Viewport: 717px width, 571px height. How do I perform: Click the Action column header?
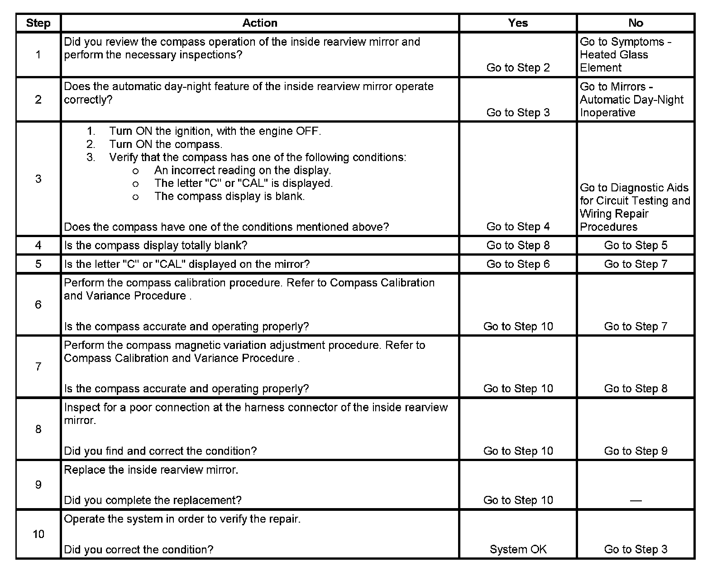tap(259, 23)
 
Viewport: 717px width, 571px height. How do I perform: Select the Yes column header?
tap(518, 23)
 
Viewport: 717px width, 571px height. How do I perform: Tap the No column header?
tap(636, 23)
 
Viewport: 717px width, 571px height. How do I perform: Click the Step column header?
tap(38, 23)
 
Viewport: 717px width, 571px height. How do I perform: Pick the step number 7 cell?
tap(38, 366)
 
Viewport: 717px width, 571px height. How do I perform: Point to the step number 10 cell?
tap(38, 534)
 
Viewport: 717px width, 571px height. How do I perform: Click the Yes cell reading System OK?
tap(518, 549)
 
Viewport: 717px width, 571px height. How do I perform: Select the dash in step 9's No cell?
tap(636, 500)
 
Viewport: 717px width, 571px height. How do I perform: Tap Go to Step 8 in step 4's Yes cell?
tap(518, 245)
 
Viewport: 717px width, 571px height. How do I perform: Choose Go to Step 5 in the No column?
tap(636, 245)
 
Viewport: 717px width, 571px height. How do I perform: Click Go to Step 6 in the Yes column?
tap(518, 264)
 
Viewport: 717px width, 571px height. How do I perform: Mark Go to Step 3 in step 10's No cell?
tap(636, 549)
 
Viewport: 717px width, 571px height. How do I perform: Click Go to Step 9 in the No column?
tap(636, 451)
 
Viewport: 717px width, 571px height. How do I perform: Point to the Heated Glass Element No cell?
tap(625, 55)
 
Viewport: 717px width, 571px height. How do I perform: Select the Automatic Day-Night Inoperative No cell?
tap(631, 100)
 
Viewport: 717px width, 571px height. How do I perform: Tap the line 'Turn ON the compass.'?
tap(165, 144)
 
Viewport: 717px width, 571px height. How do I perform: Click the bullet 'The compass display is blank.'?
tap(229, 196)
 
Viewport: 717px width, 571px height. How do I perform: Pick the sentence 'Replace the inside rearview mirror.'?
tap(151, 470)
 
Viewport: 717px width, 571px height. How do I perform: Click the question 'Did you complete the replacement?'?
tap(153, 500)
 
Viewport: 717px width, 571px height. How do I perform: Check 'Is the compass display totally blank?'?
tap(156, 245)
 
